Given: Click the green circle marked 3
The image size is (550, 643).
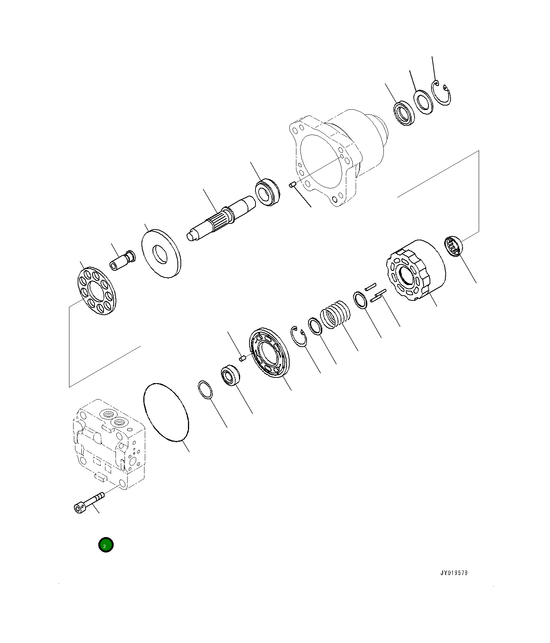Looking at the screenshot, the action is point(106,545).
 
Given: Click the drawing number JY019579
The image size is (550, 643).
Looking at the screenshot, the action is point(454,573).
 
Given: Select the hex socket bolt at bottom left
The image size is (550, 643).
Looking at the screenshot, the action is point(89,502).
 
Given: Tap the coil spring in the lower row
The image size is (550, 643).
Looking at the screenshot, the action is point(335,314).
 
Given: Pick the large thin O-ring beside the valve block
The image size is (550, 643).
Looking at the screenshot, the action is point(166,412).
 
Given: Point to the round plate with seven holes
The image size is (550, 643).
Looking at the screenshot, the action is point(96,291).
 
